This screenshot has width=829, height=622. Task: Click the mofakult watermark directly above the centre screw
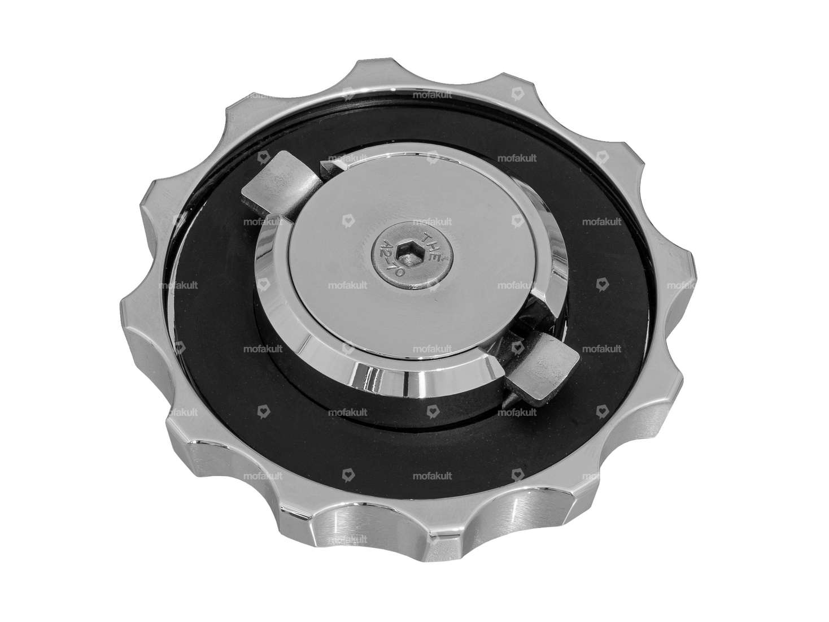[432, 222]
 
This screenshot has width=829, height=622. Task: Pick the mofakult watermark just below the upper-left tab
[263, 222]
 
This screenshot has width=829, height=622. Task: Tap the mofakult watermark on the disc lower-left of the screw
[347, 285]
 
